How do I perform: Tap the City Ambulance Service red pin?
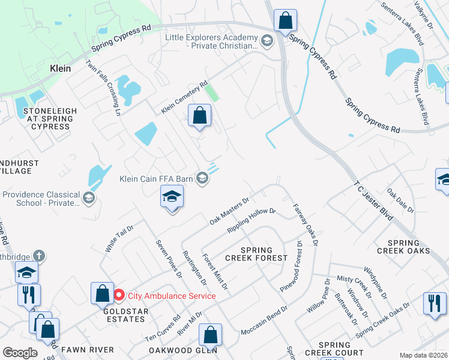click(119, 295)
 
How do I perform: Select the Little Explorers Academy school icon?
click(267, 41)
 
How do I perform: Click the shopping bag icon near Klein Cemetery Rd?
click(199, 115)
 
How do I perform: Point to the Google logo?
click(20, 353)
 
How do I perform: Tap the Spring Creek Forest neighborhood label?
click(256, 254)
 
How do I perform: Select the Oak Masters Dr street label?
click(229, 212)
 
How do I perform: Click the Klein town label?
click(59, 69)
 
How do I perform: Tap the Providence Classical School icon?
click(89, 198)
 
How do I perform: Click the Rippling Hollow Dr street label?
click(251, 221)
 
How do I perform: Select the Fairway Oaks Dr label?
click(305, 224)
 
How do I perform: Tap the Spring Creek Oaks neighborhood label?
click(403, 246)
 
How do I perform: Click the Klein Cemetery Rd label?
click(184, 98)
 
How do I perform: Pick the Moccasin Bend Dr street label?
click(264, 323)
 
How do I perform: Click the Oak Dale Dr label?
click(400, 201)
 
